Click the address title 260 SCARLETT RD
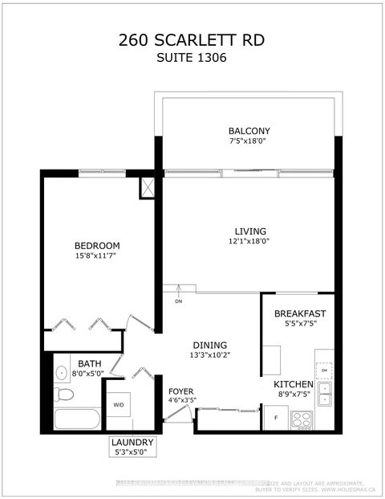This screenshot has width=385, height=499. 192,41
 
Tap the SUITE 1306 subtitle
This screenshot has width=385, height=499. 192,59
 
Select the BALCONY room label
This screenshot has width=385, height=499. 249,131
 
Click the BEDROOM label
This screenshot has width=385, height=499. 96,245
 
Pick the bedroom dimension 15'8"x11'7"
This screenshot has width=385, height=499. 96,256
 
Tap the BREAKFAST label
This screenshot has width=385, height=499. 300,313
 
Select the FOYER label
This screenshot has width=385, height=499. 180,391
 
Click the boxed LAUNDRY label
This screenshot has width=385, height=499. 132,443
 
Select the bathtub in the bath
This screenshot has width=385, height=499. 75,420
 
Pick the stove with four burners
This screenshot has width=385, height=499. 302,419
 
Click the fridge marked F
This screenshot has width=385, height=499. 276,419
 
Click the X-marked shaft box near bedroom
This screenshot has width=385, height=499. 148,187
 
